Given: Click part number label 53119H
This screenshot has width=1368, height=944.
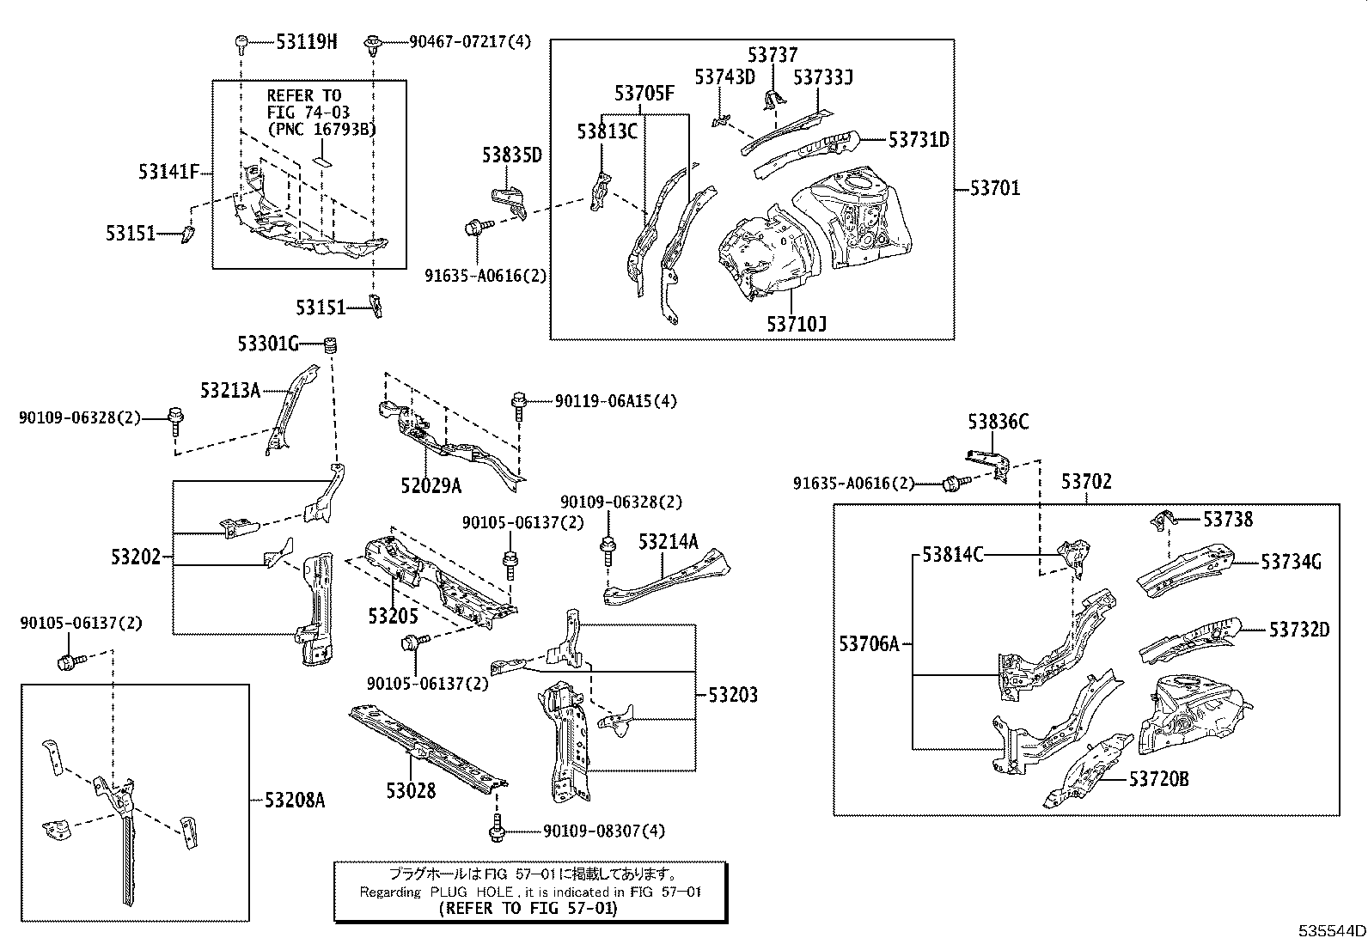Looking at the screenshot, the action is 307,41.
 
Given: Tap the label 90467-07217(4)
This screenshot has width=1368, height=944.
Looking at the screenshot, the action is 470,41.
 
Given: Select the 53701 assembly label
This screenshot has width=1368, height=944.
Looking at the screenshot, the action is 995,188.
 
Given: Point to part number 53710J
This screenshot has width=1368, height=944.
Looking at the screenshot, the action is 797,324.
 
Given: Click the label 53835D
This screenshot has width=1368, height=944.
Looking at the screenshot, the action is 512,155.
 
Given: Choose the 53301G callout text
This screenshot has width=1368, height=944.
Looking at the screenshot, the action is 268,344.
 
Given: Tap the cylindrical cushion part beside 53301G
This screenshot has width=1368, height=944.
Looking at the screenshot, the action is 330,344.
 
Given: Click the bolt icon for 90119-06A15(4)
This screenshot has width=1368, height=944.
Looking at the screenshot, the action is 519,405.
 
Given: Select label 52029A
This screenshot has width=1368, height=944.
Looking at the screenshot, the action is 431,486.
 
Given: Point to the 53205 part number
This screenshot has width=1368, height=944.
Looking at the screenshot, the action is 394,616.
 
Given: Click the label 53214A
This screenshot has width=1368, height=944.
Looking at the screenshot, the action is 669,542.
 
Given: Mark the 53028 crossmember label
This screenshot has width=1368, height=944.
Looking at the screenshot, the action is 411,791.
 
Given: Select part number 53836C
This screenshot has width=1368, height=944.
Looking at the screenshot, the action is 999,421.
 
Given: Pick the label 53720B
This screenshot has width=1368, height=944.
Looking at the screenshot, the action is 1158,779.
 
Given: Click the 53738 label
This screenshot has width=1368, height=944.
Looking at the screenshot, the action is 1228,519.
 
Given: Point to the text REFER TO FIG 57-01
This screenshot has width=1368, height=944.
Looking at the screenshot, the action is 528,908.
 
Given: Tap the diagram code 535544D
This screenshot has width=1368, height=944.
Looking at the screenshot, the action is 1331,930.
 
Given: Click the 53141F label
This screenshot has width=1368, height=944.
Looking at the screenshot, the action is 168,172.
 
